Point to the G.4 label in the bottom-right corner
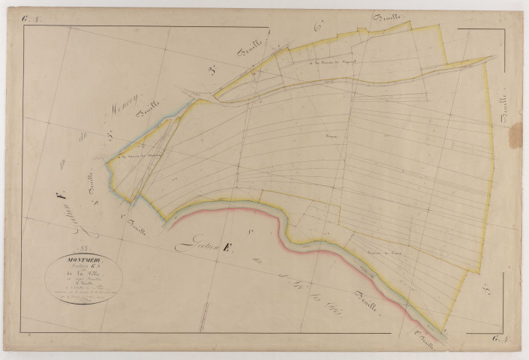click(501, 343)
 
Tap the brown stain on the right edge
click(516, 136)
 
